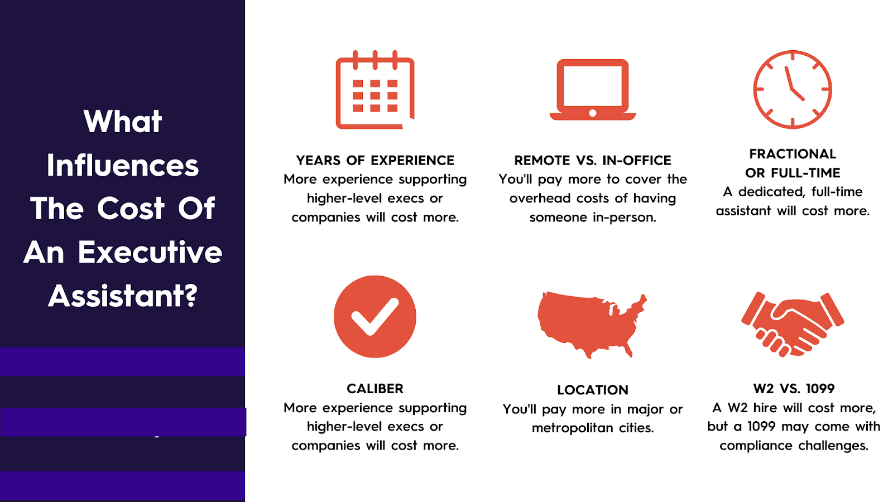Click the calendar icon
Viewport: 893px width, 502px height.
click(x=375, y=90)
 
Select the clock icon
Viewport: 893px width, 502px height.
click(x=793, y=90)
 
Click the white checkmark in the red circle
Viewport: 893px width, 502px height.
click(x=375, y=316)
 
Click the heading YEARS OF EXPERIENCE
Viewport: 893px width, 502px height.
click(x=375, y=161)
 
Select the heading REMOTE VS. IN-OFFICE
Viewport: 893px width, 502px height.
click(x=592, y=161)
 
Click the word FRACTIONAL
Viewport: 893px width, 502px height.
click(x=793, y=154)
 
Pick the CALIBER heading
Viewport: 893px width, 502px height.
click(x=375, y=389)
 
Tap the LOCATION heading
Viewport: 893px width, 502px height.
click(x=592, y=390)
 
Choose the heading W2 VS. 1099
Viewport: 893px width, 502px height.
click(x=794, y=389)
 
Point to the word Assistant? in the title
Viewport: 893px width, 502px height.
click(x=123, y=296)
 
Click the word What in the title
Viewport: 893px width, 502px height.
click(x=123, y=121)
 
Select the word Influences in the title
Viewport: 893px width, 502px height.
click(x=123, y=165)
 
